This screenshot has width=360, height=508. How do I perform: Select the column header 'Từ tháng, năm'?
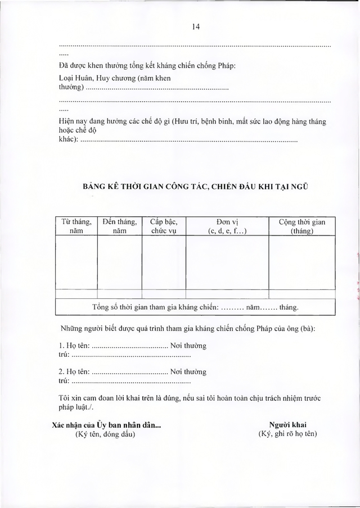point(76,226)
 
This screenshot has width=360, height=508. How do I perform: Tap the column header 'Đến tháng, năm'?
point(119,226)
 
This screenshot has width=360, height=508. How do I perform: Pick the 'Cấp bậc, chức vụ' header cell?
point(164,226)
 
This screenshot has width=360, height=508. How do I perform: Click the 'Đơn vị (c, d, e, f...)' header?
point(227,226)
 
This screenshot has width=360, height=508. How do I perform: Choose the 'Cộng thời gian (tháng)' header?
point(301,226)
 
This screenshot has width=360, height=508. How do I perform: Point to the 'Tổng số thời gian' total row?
point(195,307)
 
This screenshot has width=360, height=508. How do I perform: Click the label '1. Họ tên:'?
point(74,345)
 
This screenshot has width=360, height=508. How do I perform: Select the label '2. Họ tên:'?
point(74,371)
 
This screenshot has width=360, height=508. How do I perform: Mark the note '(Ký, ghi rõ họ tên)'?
point(287,434)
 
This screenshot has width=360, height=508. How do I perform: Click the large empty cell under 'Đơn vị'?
point(227,263)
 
